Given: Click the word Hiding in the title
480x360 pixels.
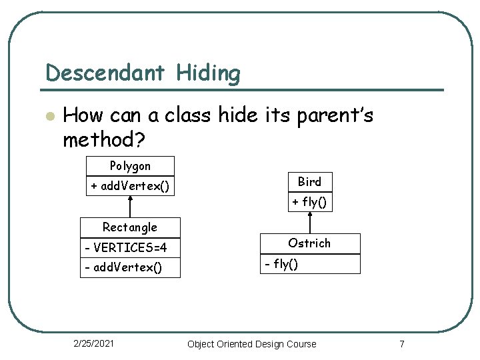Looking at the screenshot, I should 208,73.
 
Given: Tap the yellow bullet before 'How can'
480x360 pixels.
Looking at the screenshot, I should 47,116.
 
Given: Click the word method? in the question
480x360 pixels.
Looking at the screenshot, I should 105,140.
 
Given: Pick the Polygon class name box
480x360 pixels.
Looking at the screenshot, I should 130,166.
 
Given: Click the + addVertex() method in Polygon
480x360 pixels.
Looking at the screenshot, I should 130,186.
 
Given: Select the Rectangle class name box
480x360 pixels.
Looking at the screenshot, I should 130,227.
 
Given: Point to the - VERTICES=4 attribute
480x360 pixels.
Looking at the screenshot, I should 126,248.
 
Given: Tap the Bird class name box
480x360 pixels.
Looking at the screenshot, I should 309,181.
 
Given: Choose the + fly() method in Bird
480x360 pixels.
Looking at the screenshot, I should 309,201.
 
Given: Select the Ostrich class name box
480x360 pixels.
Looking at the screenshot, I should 309,243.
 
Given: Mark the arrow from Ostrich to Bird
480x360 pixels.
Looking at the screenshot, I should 309,222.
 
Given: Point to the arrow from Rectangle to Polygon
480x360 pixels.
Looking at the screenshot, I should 130,207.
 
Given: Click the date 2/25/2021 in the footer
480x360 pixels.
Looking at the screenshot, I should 93,343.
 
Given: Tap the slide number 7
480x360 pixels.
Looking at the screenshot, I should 401,344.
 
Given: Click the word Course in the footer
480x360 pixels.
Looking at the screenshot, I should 301,344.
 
